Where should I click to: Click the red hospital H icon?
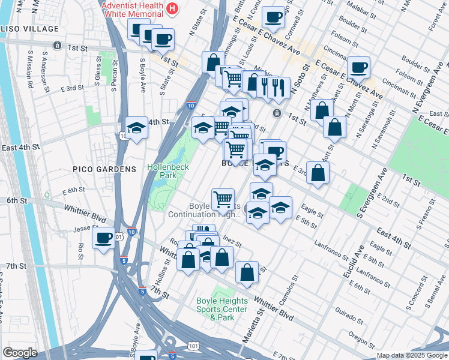pyautogui.click(x=173, y=8)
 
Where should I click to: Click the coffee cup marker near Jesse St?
pyautogui.click(x=104, y=238)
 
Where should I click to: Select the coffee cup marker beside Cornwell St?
pyautogui.click(x=274, y=18)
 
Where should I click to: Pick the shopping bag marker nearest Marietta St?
pyautogui.click(x=247, y=272)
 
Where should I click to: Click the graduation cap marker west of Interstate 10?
pyautogui.click(x=137, y=128)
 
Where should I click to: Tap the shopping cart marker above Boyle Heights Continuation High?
pyautogui.click(x=223, y=197)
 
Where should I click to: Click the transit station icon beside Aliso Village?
pyautogui.click(x=56, y=45)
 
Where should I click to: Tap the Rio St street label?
pyautogui.click(x=80, y=247)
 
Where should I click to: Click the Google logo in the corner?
pyautogui.click(x=20, y=353)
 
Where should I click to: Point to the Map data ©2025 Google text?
pyautogui.click(x=411, y=355)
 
